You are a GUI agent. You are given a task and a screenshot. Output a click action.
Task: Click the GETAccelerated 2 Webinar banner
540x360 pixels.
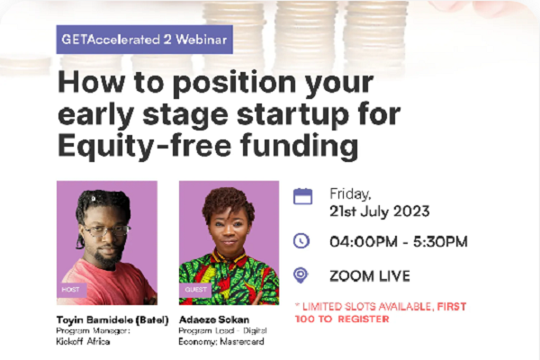(145, 40)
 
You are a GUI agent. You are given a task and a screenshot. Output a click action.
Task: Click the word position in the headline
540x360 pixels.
(234, 84)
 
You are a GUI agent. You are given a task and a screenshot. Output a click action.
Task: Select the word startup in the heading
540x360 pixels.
(292, 114)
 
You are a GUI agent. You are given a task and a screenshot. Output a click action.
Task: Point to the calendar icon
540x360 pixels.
(303, 197)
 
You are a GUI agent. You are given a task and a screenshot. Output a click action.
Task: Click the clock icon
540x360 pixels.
(301, 240)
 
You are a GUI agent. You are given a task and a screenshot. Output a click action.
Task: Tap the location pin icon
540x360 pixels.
(301, 275)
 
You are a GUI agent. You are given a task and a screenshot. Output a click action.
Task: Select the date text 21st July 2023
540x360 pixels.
(380, 211)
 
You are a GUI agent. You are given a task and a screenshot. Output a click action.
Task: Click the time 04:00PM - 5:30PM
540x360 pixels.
(399, 241)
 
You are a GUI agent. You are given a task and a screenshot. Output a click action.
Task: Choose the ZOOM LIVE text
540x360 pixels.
(370, 276)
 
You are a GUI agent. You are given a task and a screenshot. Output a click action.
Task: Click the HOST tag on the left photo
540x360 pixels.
(70, 290)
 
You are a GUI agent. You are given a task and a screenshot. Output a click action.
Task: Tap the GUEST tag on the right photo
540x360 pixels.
(195, 290)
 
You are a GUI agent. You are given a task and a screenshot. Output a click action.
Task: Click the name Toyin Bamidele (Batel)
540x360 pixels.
(112, 320)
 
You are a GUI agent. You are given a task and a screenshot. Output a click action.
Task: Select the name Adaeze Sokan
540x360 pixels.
(214, 320)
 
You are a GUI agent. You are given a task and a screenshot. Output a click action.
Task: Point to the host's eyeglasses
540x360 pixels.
(106, 230)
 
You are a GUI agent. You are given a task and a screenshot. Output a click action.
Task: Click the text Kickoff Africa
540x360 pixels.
(83, 342)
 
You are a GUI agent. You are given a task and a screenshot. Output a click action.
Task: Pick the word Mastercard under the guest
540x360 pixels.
(242, 342)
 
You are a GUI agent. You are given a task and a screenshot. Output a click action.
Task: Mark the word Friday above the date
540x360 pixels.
(350, 194)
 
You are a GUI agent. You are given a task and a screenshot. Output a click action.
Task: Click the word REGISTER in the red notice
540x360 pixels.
(364, 319)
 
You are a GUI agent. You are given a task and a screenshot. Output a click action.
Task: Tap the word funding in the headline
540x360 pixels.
(300, 146)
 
